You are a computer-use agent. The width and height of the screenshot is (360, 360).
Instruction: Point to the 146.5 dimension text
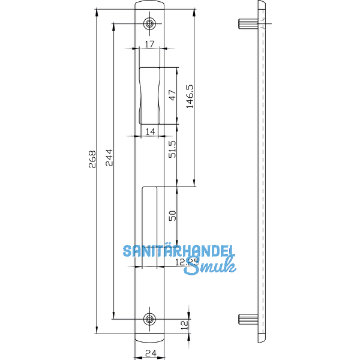tap(190, 97)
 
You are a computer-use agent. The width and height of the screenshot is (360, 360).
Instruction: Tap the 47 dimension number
tap(172, 96)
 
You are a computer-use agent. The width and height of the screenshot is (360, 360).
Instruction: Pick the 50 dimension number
tap(172, 217)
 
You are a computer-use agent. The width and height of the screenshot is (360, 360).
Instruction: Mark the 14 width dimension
tap(149, 131)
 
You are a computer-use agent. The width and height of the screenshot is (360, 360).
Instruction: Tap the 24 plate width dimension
tap(149, 353)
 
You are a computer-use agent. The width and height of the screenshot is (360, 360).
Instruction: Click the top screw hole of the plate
tap(149, 24)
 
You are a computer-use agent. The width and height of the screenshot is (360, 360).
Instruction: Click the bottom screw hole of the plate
tap(149, 319)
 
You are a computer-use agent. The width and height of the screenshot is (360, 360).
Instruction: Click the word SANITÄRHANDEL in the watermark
tap(179, 251)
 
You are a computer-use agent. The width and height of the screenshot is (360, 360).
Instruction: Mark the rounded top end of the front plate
tap(149, 5)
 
